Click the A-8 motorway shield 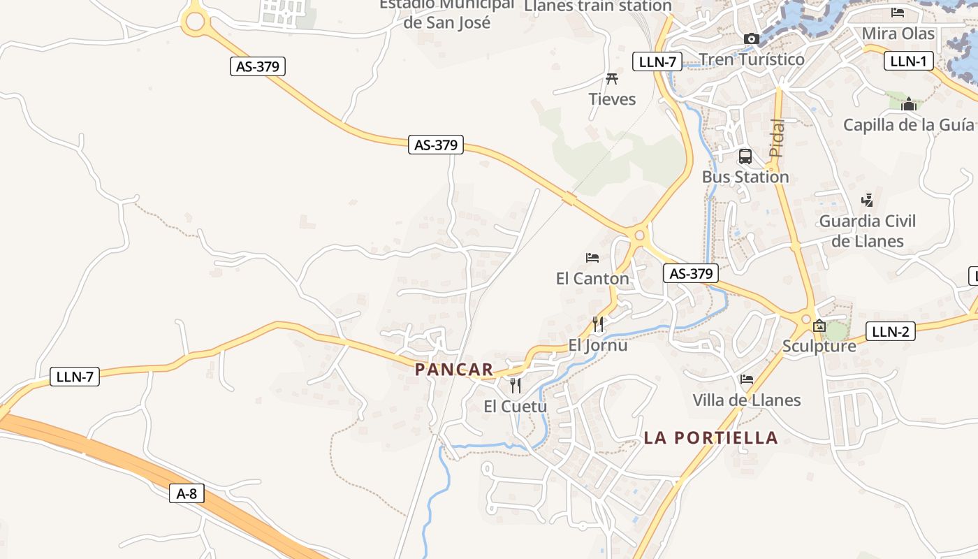tap(187, 494)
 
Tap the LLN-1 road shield tap(908, 61)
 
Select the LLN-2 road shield tap(890, 331)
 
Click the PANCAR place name tap(454, 370)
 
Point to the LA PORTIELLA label tap(710, 438)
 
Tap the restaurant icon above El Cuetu tap(516, 386)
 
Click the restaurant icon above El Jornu tap(598, 324)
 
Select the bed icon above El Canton tap(592, 258)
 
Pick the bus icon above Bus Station tap(745, 157)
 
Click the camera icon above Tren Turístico tap(752, 39)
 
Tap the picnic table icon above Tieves tap(613, 78)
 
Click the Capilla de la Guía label tap(908, 125)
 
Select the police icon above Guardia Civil tap(867, 201)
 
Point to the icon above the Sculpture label tap(819, 326)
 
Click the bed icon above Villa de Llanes tap(747, 379)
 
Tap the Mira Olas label tap(898, 34)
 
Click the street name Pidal tap(777, 138)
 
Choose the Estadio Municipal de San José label tap(447, 14)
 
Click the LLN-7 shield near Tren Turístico tap(657, 61)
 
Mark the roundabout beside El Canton tap(639, 235)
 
